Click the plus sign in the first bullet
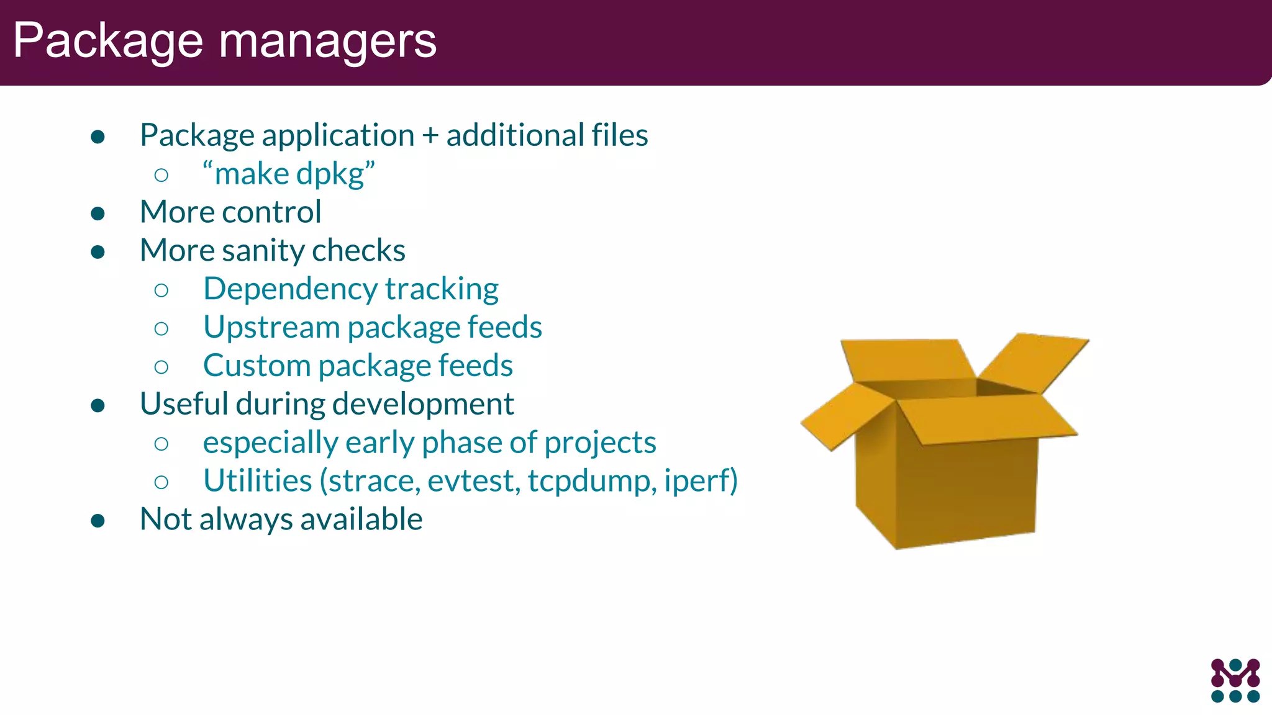tap(430, 135)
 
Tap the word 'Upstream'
tap(271, 328)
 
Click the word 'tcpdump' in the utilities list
tap(591, 482)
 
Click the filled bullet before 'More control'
tap(98, 214)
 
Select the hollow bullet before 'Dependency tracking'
tap(161, 290)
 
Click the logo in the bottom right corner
tap(1235, 680)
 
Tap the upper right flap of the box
tap(1034, 362)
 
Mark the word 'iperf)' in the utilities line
tap(700, 482)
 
